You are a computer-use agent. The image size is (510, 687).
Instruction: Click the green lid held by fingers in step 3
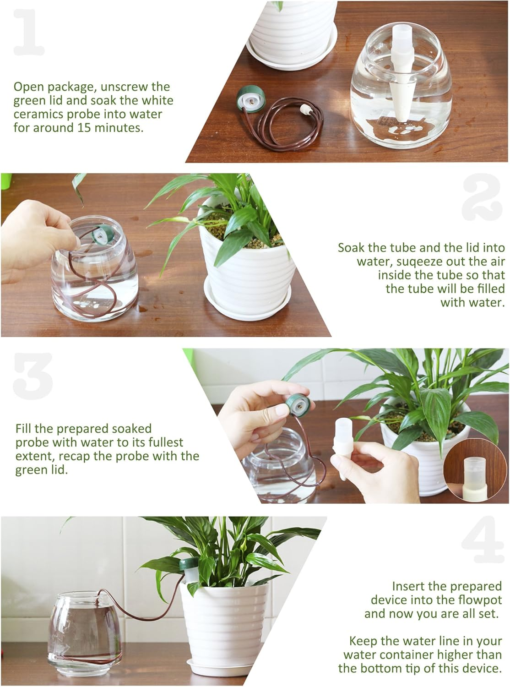(x=296, y=405)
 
